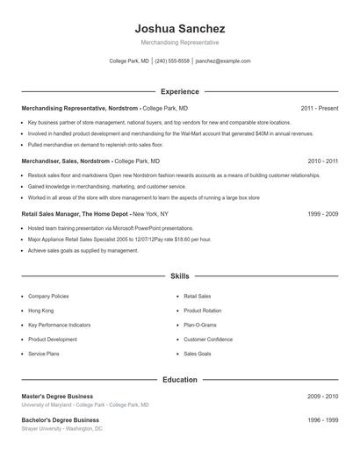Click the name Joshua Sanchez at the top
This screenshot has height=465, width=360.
click(x=179, y=29)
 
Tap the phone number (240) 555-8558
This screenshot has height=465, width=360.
click(x=172, y=61)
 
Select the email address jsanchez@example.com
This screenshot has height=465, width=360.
click(x=223, y=61)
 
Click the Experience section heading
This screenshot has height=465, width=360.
click(x=179, y=91)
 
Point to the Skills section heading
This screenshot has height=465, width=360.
click(x=179, y=275)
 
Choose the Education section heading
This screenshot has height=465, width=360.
click(x=179, y=380)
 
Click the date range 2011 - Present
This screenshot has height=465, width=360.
click(x=319, y=108)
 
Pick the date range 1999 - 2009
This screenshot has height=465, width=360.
click(x=322, y=213)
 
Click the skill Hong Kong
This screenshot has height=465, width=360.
click(x=40, y=311)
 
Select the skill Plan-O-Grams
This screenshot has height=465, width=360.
click(x=200, y=325)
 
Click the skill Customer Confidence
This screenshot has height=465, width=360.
click(x=208, y=339)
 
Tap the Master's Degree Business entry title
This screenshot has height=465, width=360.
click(x=57, y=397)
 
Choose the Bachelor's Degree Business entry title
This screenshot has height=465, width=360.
click(x=60, y=420)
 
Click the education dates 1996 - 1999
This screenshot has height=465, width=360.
click(x=322, y=420)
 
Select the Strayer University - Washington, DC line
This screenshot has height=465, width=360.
click(x=61, y=429)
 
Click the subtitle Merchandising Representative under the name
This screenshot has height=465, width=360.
click(x=179, y=43)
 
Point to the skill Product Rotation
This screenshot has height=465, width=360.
click(x=203, y=311)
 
